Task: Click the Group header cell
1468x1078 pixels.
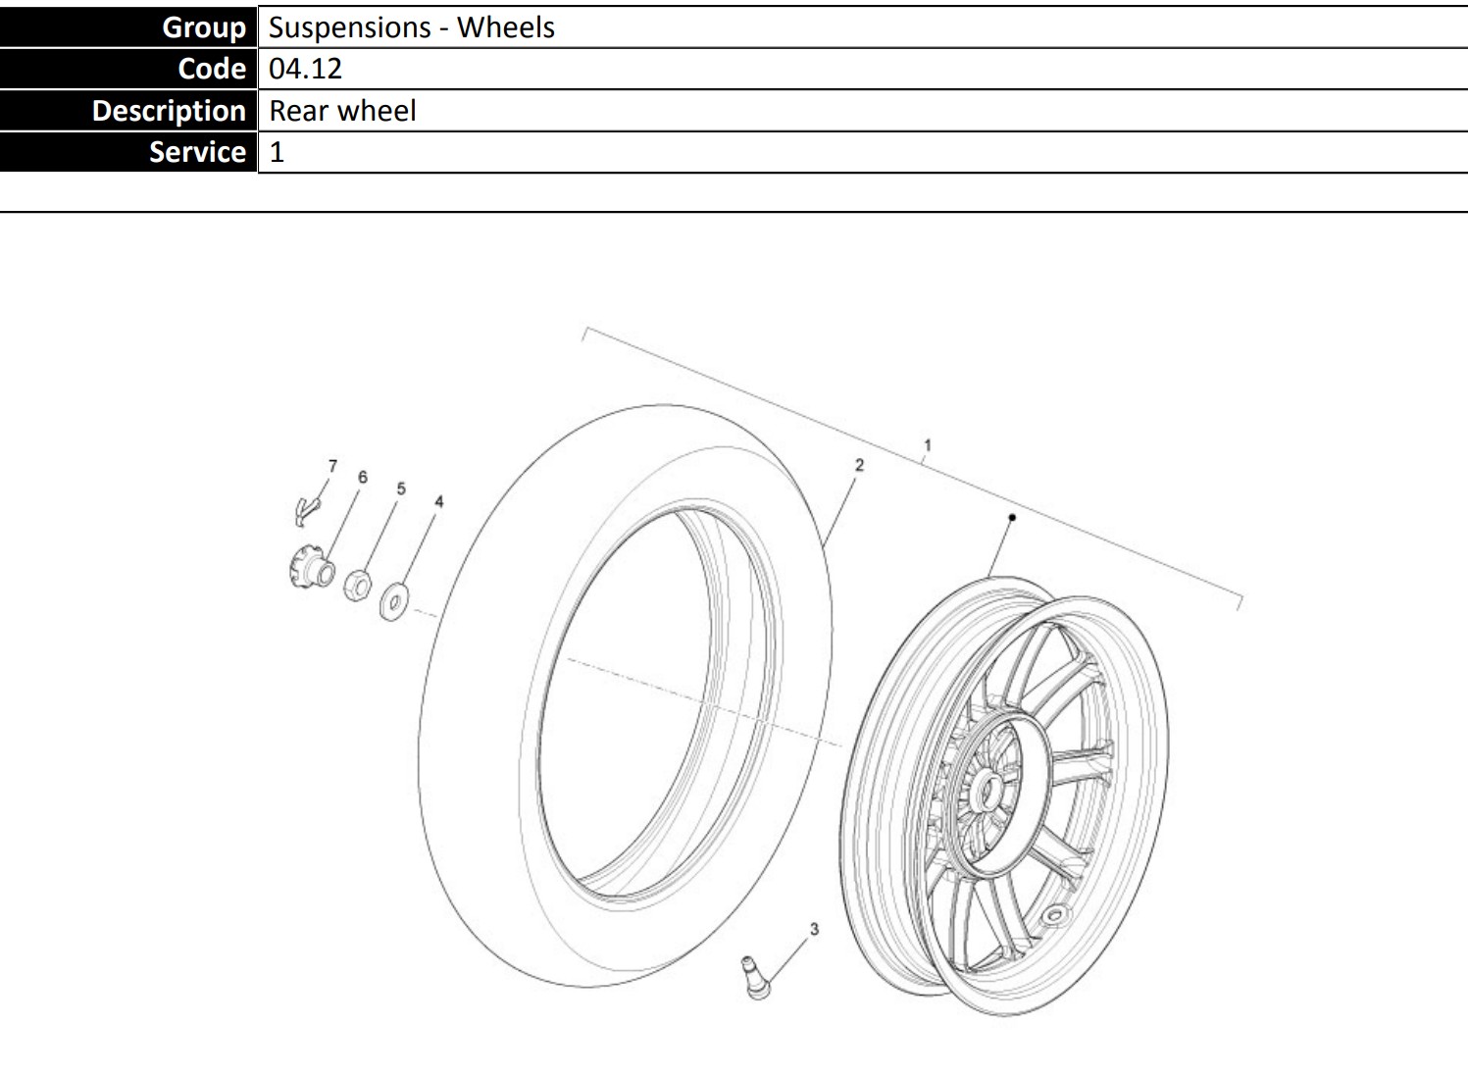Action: [x=128, y=26]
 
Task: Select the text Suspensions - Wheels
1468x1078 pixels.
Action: [x=412, y=27]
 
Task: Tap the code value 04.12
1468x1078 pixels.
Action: [x=305, y=69]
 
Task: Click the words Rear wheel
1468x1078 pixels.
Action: [x=342, y=111]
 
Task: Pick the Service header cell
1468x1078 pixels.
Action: [x=128, y=151]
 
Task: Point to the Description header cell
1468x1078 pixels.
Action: [x=128, y=110]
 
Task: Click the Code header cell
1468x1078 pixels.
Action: [x=128, y=69]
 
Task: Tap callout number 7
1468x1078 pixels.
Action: [x=332, y=466]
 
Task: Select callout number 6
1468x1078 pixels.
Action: [x=363, y=478]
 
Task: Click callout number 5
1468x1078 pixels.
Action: [x=401, y=489]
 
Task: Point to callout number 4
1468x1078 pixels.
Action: [x=439, y=501]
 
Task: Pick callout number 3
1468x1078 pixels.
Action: [x=814, y=929]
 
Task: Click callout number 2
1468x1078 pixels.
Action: [x=859, y=465]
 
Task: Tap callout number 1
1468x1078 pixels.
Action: [x=928, y=446]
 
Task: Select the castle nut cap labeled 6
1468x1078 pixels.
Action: [x=311, y=567]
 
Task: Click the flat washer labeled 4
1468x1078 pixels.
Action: [x=394, y=601]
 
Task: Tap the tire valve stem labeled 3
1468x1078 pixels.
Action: [x=756, y=978]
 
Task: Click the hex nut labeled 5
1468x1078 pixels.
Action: [x=358, y=585]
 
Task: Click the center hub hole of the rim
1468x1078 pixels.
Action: [x=988, y=792]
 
